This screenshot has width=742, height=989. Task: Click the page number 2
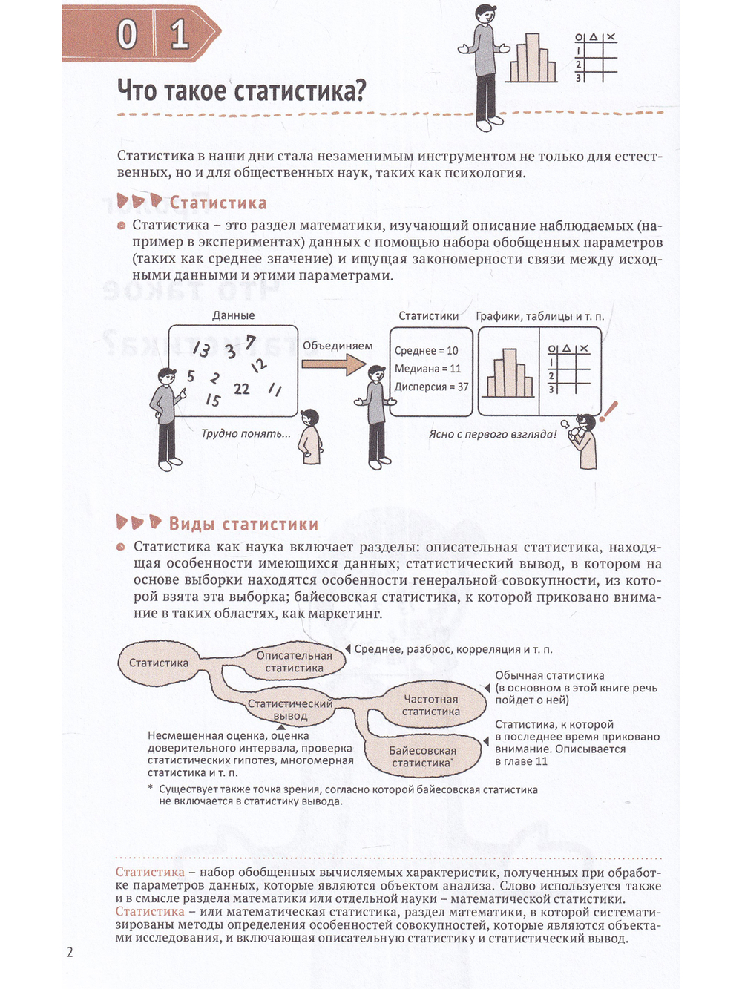(70, 952)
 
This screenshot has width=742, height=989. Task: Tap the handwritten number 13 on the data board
(201, 349)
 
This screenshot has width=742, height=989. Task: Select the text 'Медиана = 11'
(427, 369)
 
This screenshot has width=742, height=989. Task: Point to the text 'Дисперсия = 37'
(431, 387)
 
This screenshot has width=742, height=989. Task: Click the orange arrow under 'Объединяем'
(333, 363)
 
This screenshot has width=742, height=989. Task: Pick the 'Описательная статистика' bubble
(294, 662)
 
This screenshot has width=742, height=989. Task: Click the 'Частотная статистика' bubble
(430, 705)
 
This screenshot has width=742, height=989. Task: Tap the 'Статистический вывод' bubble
(290, 709)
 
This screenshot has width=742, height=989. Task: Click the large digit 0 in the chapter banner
(127, 35)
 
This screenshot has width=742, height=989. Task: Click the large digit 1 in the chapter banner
(180, 35)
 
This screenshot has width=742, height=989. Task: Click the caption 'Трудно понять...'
(246, 434)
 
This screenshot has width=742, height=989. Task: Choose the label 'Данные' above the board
(234, 315)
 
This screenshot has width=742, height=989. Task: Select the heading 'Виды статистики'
(243, 524)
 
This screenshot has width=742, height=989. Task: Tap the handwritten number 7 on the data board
(250, 343)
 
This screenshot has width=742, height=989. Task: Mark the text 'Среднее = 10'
(426, 350)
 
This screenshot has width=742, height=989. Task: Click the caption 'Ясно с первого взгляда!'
(493, 434)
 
